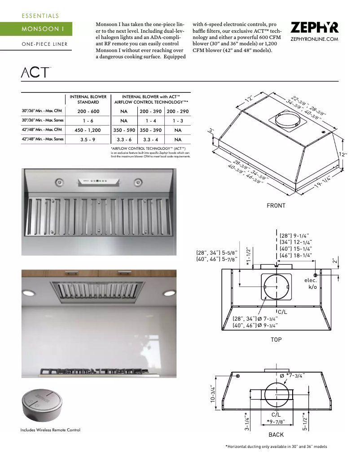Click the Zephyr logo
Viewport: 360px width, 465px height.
tap(314, 28)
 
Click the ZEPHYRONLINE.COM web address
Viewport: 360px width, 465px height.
tap(314, 39)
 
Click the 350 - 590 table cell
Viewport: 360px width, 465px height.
tap(124, 130)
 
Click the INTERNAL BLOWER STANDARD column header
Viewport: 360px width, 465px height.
tap(88, 99)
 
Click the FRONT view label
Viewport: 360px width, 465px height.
tap(276, 205)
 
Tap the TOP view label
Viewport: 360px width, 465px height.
tap(276, 339)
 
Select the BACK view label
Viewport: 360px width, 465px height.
tap(276, 435)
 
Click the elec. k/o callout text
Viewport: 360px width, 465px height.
tap(311, 283)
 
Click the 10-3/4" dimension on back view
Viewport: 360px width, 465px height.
tap(213, 394)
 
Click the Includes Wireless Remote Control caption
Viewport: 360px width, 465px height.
tap(50, 430)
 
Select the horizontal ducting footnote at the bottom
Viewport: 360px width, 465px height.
tap(276, 447)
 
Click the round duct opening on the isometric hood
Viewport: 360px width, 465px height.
tap(287, 119)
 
